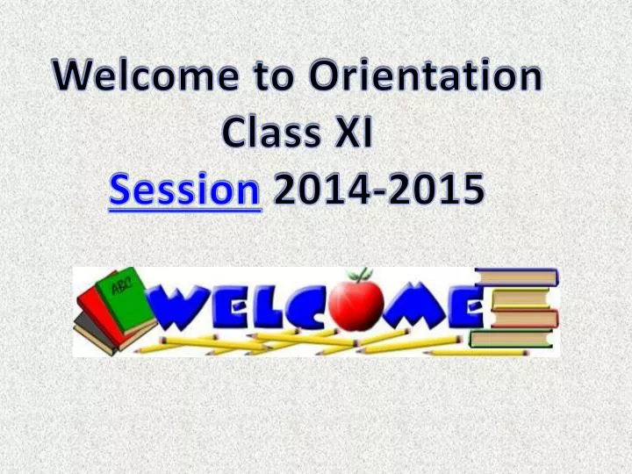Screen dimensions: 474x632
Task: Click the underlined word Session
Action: [185, 192]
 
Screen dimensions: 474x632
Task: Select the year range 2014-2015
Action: [377, 192]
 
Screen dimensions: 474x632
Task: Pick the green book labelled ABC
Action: [123, 294]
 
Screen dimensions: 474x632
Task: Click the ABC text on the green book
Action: [120, 284]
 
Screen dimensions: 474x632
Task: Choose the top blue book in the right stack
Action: [517, 277]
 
